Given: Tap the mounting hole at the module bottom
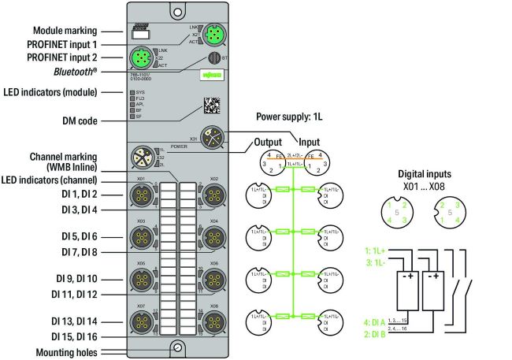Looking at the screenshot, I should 178,346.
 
